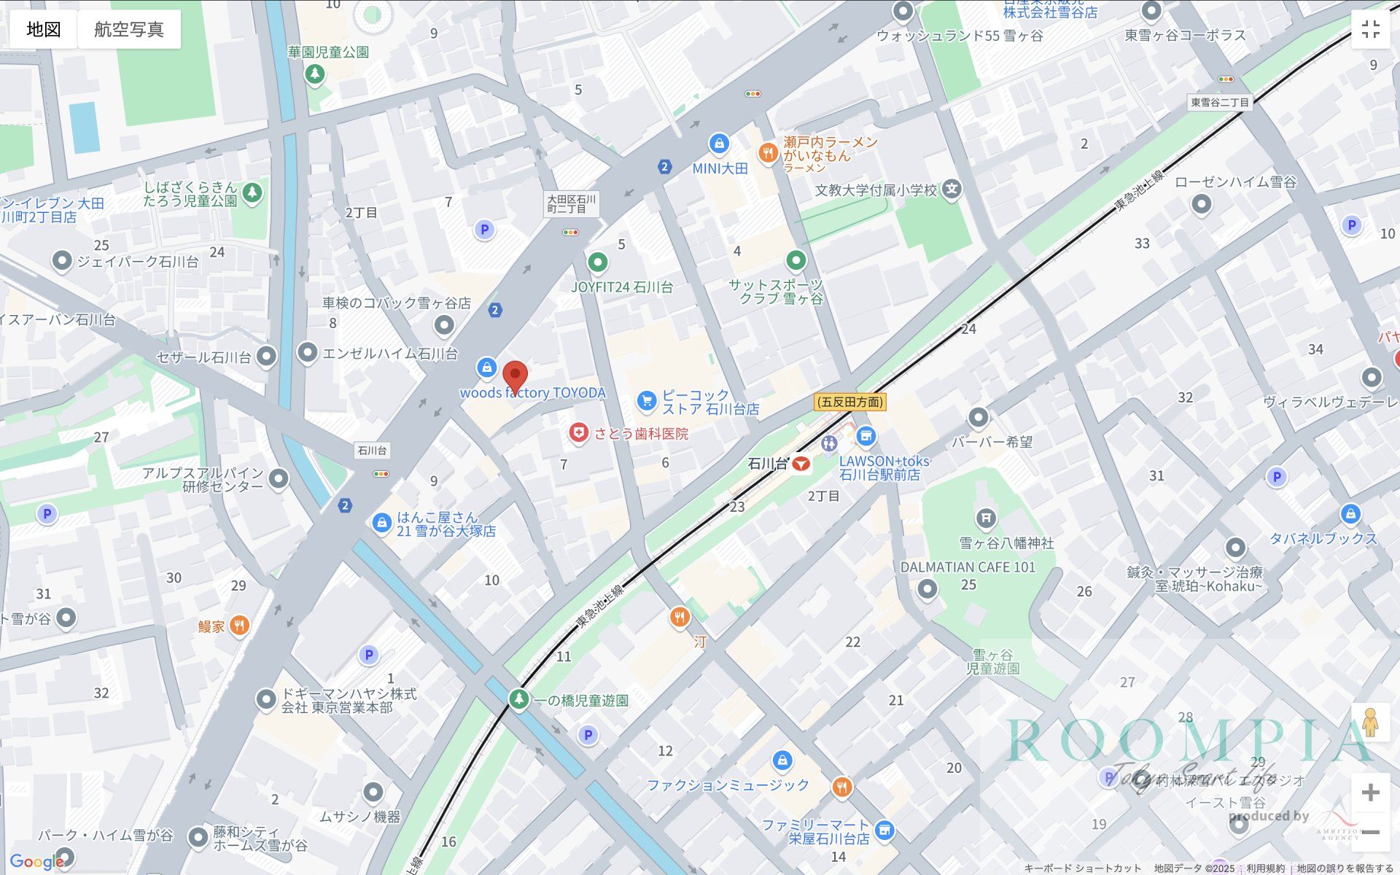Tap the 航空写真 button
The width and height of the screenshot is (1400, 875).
coord(129,29)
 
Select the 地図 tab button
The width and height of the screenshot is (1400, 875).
coord(43,29)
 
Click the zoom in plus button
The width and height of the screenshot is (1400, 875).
coord(1370,792)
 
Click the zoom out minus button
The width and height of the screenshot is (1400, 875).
coord(1370,832)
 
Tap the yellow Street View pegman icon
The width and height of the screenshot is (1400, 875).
coord(1370,723)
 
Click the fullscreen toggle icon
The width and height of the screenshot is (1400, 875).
coord(1370,29)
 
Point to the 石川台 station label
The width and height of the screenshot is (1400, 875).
coord(768,464)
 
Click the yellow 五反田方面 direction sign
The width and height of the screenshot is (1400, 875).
coord(849,402)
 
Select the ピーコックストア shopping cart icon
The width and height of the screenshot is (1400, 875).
coord(646,400)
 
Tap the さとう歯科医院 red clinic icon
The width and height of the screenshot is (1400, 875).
coord(578,433)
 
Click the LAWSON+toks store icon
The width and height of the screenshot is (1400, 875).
coord(866,436)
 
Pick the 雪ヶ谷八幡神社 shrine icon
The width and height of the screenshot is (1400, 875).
coord(985,518)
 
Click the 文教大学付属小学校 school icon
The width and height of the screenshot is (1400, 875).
coord(952,190)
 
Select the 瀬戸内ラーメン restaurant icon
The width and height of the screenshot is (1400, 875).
coord(767,152)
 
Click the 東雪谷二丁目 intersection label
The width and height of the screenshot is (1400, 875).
coord(1220,103)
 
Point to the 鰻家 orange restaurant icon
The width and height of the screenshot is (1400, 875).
coord(239,626)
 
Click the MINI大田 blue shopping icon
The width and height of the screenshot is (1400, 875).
coord(719,144)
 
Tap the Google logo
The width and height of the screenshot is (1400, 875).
coord(36,862)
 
